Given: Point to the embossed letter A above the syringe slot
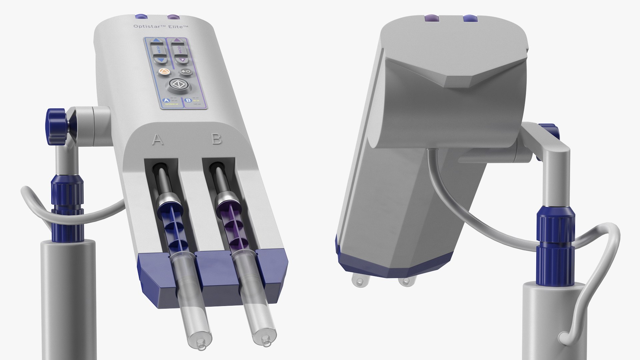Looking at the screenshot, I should coord(158,140).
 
